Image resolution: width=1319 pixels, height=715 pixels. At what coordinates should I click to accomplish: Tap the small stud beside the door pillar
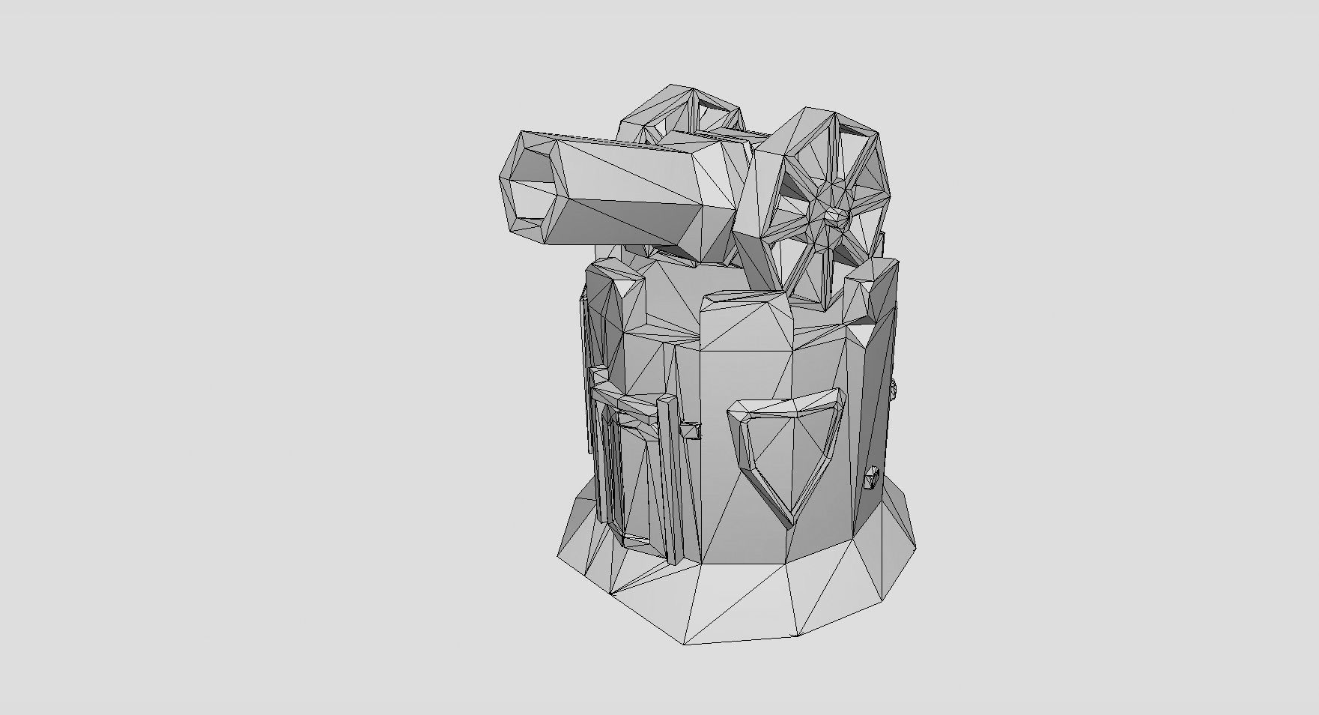pyautogui.click(x=691, y=430)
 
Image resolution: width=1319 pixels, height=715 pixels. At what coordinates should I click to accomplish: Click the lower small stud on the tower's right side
pyautogui.click(x=871, y=477)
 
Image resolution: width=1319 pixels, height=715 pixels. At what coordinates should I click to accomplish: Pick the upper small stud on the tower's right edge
pyautogui.click(x=894, y=389)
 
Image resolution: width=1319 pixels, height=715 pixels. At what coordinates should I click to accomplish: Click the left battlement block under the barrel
pyautogui.click(x=614, y=300)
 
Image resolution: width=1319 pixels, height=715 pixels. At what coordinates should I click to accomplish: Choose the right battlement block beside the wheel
pyautogui.click(x=873, y=292)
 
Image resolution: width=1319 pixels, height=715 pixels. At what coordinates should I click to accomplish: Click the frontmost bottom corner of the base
pyautogui.click(x=685, y=643)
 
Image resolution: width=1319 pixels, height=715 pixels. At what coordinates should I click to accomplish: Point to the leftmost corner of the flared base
pyautogui.click(x=559, y=555)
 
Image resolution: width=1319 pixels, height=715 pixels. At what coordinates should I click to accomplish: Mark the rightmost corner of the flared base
pyautogui.click(x=915, y=545)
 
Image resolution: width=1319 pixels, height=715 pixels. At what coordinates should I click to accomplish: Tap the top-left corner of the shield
pyautogui.click(x=734, y=408)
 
